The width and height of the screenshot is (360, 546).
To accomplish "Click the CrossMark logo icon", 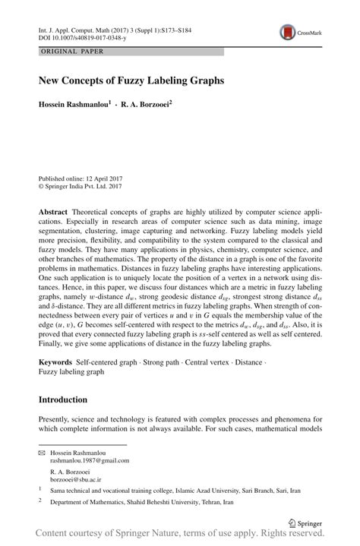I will pos(288,31).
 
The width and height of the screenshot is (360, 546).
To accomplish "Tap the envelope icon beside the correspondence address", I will pos(42,452).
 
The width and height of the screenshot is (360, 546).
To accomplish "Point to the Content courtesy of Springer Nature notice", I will pos(180,535).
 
